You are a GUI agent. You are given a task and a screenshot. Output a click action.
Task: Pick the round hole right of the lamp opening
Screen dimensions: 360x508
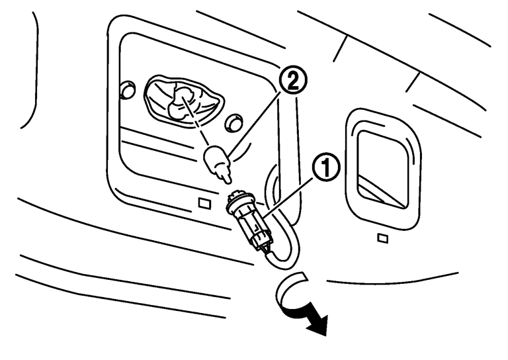coord(232,122)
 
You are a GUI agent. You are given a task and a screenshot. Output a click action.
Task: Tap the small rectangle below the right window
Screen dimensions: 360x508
coord(382,237)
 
